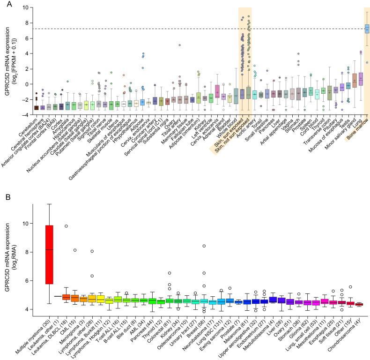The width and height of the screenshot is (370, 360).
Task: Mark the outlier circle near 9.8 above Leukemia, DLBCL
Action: [67, 226]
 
